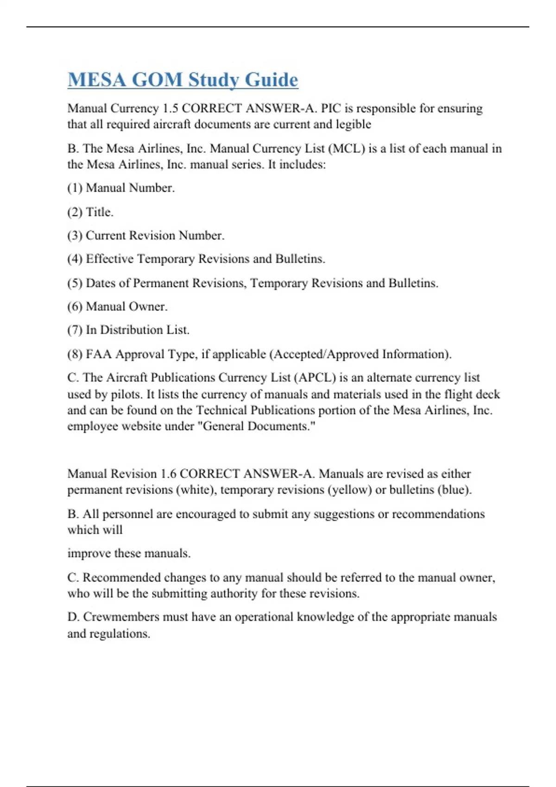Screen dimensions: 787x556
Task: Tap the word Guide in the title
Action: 271,80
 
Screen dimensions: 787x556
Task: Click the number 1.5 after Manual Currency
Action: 170,108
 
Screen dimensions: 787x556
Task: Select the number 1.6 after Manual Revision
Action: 168,474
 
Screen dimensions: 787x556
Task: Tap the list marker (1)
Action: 75,188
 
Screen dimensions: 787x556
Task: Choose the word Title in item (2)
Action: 99,212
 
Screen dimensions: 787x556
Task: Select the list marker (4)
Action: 75,259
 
